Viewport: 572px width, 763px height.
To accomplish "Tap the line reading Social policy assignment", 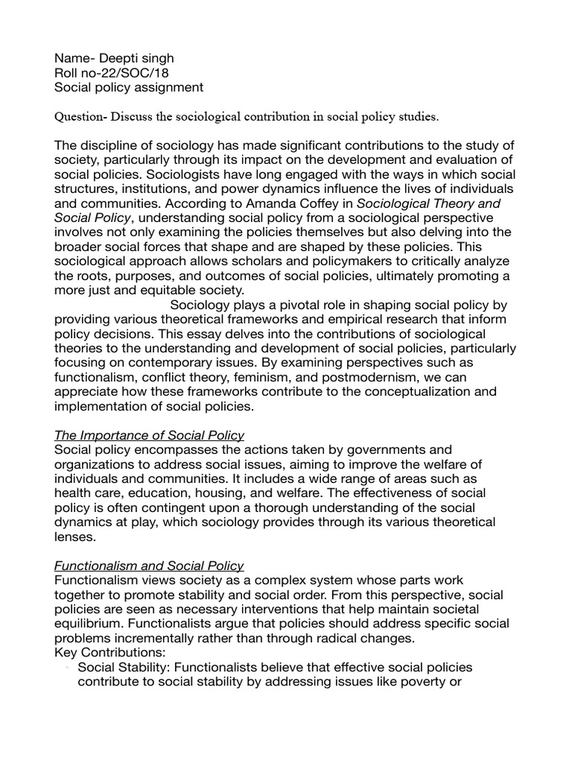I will pos(129,88).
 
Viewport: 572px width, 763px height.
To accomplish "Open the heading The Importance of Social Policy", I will pos(150,435).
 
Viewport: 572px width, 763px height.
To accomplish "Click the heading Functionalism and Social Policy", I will pos(150,566).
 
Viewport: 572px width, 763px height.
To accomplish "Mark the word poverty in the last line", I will pos(421,682).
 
